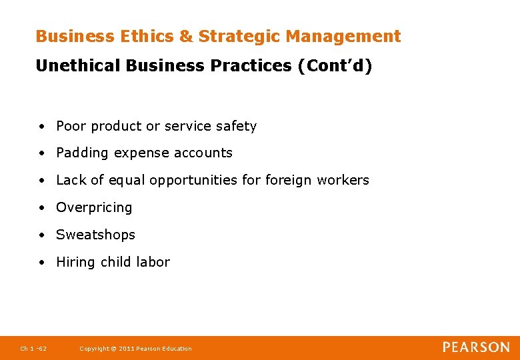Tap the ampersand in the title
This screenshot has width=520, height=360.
185,37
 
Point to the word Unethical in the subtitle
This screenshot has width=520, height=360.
77,66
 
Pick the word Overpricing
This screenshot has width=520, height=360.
94,208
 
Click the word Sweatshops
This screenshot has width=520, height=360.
95,235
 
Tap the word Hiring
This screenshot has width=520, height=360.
75,262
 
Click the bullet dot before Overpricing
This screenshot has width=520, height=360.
42,208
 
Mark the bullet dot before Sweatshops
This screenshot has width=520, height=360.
42,235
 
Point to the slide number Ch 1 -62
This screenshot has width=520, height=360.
33,349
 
